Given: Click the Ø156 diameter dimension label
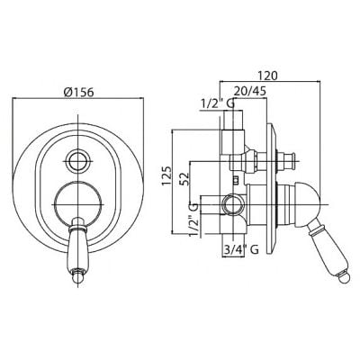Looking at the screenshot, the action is (x=79, y=92).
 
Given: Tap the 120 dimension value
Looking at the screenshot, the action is (x=268, y=76).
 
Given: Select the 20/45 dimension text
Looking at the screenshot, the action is (x=250, y=92).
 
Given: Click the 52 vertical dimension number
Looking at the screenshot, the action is (x=184, y=178).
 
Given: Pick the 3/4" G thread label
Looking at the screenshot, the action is (x=240, y=249).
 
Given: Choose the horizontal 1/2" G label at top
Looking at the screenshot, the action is (x=218, y=103).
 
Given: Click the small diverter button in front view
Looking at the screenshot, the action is (x=78, y=161).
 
